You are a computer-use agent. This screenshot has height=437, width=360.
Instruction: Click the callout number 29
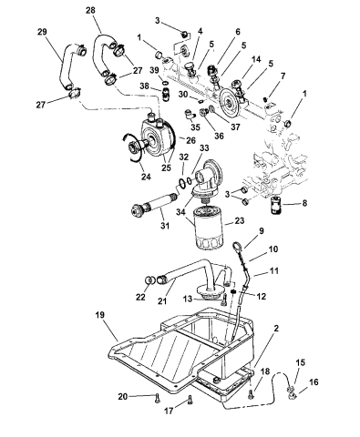coord(42,32)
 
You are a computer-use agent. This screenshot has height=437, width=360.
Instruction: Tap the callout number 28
coord(90,10)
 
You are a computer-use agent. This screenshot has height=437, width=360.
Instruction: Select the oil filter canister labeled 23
coord(209,227)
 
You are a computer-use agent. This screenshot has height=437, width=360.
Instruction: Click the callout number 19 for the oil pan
coord(99,315)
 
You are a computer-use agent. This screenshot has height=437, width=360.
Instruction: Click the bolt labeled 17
coord(190,400)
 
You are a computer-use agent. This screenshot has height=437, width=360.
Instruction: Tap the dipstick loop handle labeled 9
coord(238,245)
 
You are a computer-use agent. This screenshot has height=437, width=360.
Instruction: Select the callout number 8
coord(304,203)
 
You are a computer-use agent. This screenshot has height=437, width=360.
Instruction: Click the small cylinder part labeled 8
coord(276,206)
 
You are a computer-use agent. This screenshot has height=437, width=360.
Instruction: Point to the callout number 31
coord(165,226)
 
